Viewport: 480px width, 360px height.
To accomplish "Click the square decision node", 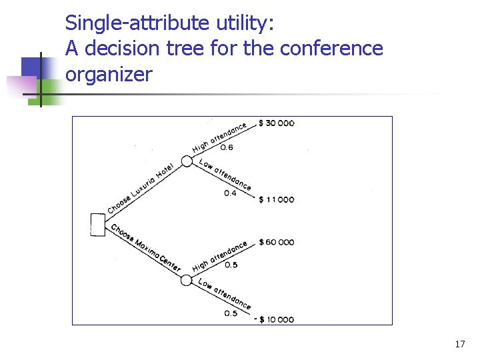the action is click(97, 225).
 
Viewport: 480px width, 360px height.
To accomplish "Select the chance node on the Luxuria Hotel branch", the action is click(187, 161).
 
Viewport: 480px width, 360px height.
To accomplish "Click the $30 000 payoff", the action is click(276, 123).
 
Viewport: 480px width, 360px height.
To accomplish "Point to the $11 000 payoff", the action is click(276, 199).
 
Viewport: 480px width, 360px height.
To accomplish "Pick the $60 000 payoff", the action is click(276, 242).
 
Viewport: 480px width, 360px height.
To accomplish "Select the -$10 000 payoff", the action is click(274, 319).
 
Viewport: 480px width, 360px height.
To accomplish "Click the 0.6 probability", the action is click(227, 147).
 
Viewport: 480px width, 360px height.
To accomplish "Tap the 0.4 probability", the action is click(230, 193).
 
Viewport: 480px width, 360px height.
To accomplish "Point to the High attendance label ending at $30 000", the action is click(220, 137).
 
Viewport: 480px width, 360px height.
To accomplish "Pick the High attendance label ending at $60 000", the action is click(220, 256).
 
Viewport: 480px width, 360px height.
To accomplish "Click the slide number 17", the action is click(459, 344).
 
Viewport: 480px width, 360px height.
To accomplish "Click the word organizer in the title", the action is click(109, 73).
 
